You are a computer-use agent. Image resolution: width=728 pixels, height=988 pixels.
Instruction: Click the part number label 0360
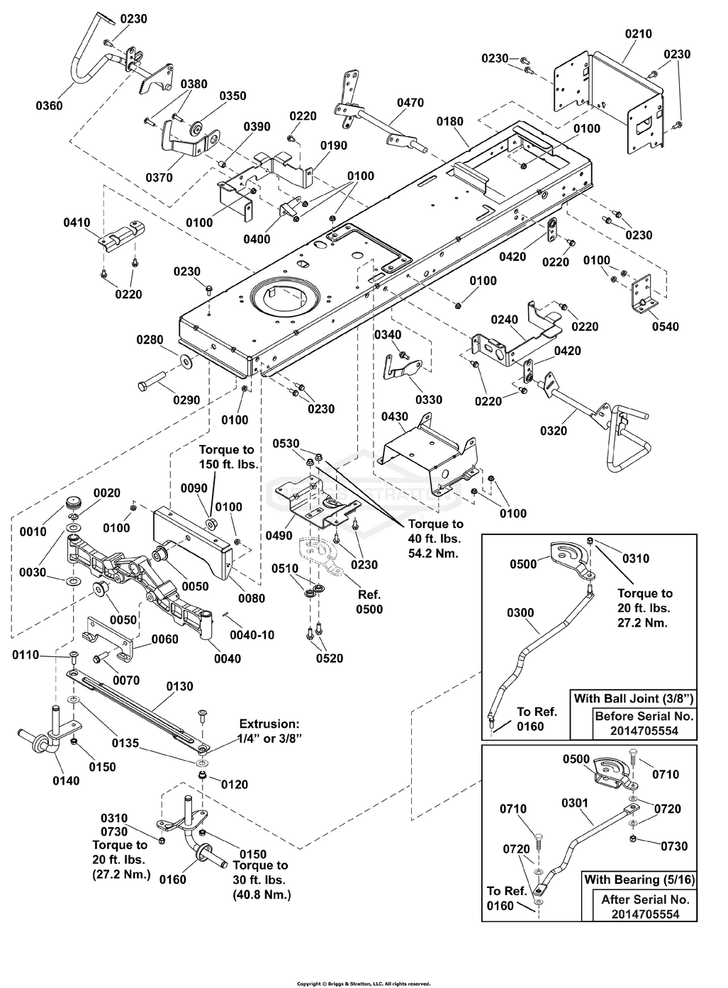(x=49, y=106)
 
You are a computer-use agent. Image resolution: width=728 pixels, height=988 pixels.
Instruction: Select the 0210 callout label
(x=638, y=33)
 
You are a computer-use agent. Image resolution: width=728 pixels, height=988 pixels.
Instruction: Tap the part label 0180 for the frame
(x=449, y=121)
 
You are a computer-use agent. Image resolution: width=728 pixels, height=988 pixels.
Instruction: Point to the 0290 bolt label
(x=186, y=400)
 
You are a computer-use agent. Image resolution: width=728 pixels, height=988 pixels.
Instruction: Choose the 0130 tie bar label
(x=179, y=687)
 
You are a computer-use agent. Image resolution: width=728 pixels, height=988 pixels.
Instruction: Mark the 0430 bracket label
(x=395, y=417)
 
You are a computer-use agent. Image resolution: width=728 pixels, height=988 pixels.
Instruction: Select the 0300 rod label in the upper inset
(x=520, y=612)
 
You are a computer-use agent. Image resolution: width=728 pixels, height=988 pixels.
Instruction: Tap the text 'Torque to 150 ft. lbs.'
(x=226, y=457)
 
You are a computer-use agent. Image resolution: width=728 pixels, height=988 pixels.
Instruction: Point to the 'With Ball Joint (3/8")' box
(x=633, y=698)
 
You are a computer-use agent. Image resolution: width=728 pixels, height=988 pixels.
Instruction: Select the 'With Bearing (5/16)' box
(x=639, y=880)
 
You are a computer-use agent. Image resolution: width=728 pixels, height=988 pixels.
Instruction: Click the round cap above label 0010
(x=74, y=504)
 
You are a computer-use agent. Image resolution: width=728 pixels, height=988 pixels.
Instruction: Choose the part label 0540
(x=666, y=327)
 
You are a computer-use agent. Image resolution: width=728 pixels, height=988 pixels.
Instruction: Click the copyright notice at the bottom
(x=364, y=984)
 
